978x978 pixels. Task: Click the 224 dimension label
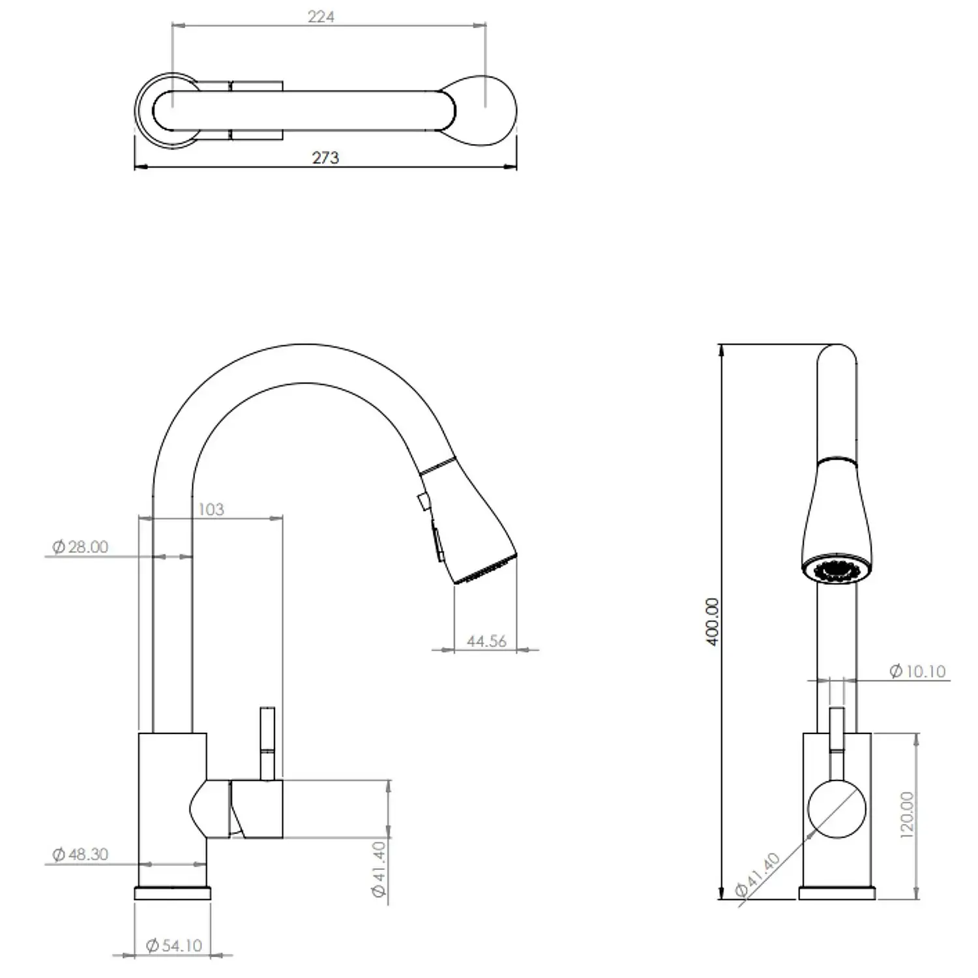(x=321, y=16)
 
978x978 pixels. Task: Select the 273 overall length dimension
(x=325, y=158)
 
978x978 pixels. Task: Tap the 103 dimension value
(x=211, y=509)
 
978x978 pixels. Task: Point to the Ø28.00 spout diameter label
(x=80, y=547)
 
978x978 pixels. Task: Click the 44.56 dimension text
(x=486, y=642)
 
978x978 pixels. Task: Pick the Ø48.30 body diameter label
(x=80, y=855)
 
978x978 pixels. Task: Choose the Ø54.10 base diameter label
(x=173, y=945)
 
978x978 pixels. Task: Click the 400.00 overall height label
(x=712, y=621)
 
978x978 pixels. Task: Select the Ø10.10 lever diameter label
(x=917, y=671)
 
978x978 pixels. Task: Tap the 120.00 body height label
(x=906, y=814)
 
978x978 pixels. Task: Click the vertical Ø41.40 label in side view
(x=379, y=869)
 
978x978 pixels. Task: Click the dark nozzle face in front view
(x=837, y=570)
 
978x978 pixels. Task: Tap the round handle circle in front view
(x=837, y=808)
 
